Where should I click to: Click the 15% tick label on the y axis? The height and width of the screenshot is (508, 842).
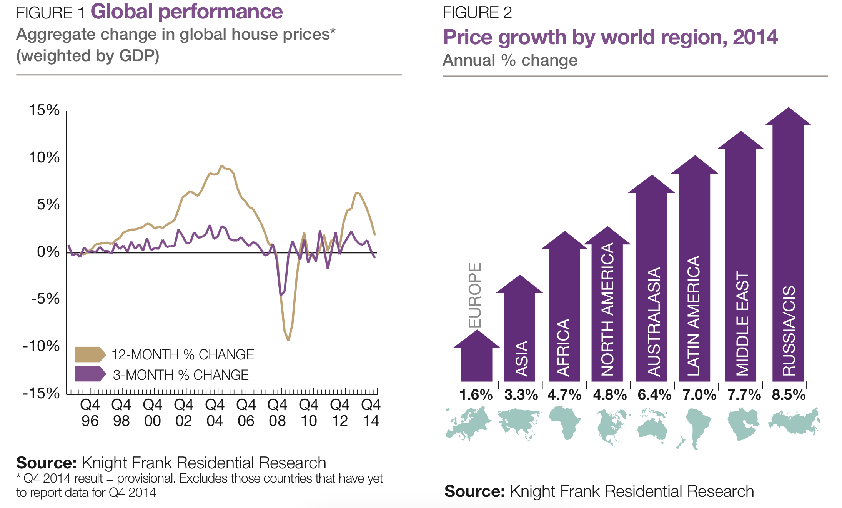[44, 110]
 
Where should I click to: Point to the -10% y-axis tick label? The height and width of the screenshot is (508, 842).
[42, 346]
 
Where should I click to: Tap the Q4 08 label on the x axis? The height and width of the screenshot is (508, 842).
[277, 413]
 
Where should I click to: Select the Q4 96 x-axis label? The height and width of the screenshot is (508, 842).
[90, 413]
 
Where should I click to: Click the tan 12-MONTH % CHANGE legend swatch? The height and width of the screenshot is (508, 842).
[90, 354]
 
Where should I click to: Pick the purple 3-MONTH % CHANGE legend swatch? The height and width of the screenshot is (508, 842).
[90, 374]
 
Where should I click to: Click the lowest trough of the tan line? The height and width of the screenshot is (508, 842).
[288, 340]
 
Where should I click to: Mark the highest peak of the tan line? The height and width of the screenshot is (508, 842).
[221, 166]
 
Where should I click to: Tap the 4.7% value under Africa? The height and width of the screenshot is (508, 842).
[564, 395]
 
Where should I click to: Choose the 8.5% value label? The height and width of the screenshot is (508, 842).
[789, 395]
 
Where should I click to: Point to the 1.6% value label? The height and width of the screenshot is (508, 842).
[476, 395]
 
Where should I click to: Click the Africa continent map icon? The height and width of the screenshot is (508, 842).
[564, 423]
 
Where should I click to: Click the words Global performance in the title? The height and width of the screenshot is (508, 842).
[187, 12]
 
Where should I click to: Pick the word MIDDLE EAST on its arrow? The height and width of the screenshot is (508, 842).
[742, 323]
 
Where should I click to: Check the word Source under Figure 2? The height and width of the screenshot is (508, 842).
[474, 491]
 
